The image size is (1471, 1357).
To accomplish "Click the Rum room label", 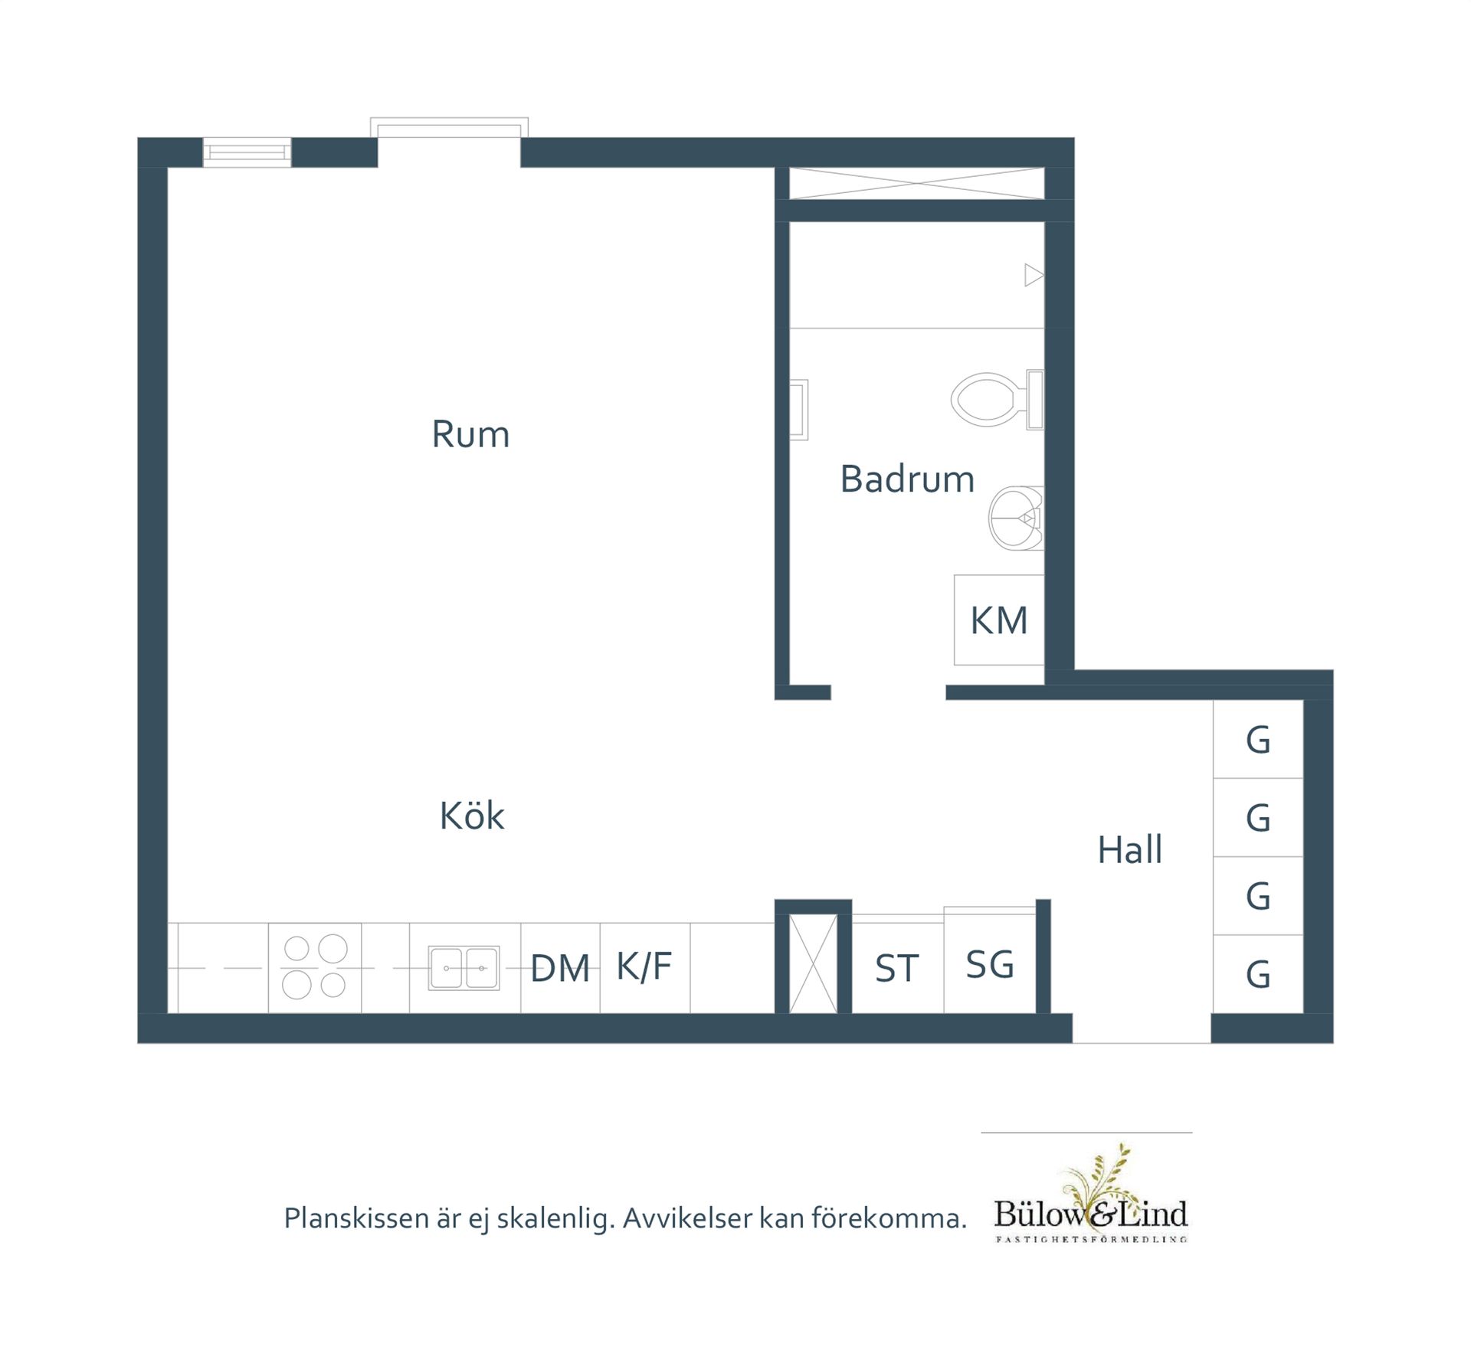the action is tap(470, 434).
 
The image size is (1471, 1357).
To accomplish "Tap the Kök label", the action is tap(472, 816).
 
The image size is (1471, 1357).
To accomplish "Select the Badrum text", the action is tap(907, 479).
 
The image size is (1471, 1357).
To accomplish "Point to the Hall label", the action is tap(1130, 849).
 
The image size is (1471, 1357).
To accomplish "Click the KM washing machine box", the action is tap(999, 620).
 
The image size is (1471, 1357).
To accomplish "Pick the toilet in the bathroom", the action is tap(997, 399).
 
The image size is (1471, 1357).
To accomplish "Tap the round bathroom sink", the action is tap(1016, 518).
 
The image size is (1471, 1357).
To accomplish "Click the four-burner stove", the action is tap(315, 968).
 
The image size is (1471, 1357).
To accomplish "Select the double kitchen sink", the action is tap(464, 968).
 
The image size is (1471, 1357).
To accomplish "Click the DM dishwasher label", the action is tap(560, 969).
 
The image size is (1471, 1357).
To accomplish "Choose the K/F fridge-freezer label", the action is tap(644, 966).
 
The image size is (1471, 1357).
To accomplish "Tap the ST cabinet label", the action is tap(896, 969).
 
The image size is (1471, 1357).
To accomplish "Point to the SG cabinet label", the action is tap(990, 965).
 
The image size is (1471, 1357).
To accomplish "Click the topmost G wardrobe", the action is tap(1258, 740).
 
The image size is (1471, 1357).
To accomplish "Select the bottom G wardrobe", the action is tap(1258, 974).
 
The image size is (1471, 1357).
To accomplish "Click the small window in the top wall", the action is tap(247, 152).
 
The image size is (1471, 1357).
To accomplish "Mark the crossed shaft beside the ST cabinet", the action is tap(813, 963).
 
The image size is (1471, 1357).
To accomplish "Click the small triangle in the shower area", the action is tap(1034, 275).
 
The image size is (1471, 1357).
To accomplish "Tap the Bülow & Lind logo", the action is tap(1091, 1194).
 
